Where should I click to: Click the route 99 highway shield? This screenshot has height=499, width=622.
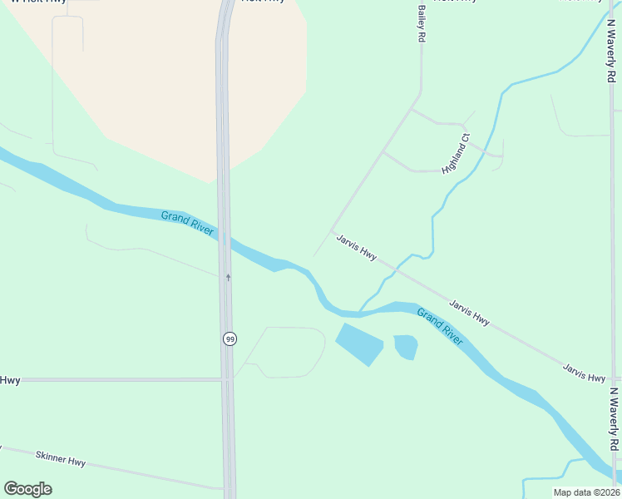(x=229, y=338)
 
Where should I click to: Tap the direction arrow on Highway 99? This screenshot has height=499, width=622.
(x=228, y=277)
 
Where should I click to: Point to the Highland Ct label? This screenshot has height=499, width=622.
(x=457, y=153)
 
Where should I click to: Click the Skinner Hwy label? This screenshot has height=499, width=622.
(x=61, y=458)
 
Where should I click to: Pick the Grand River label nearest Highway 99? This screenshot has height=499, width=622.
(x=187, y=223)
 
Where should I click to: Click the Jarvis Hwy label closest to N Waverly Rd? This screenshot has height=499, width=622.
(x=584, y=373)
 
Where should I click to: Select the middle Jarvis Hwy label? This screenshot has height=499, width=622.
(x=470, y=313)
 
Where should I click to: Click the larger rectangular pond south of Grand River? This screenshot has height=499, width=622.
(x=358, y=343)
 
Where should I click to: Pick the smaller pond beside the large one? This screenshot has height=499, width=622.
(x=405, y=346)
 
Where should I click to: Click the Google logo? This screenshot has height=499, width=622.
(x=27, y=489)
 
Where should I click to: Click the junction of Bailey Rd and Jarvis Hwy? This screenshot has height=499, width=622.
(x=332, y=232)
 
